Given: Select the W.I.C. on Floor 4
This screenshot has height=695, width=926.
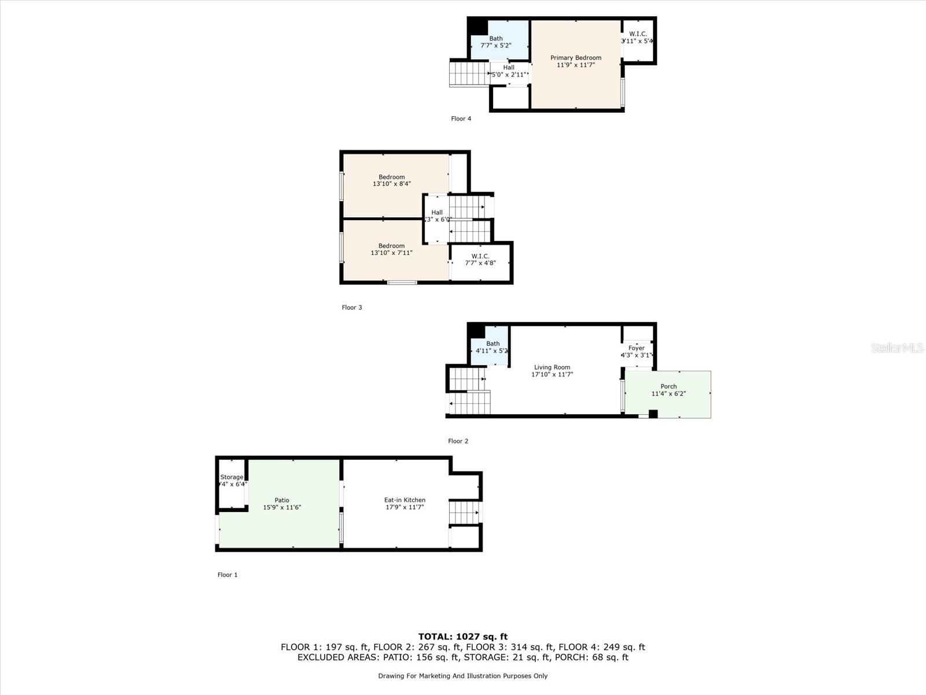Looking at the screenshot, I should point(637,38).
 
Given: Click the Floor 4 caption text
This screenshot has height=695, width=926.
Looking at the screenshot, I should point(461,119).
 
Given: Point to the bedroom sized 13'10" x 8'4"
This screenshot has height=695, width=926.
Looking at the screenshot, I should point(392,180).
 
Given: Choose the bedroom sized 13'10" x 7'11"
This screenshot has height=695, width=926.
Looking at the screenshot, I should point(392,249).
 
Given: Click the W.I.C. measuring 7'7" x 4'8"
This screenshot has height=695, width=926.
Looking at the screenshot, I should point(480,259).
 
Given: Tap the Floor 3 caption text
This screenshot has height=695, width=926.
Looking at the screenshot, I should point(351,308).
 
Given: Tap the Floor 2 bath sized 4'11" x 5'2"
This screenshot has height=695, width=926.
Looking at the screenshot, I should point(492,347).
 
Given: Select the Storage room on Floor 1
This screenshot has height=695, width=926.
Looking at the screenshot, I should point(231,481).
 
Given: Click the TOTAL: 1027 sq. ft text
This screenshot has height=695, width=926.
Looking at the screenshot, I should point(462,637).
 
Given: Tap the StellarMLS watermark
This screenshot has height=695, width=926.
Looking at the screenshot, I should point(897,348).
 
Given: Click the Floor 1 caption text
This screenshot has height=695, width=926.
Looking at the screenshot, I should point(227,575).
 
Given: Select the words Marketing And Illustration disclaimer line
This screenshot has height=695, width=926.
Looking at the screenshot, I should point(462,676).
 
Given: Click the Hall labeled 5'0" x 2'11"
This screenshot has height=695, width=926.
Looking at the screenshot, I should point(509,71).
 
